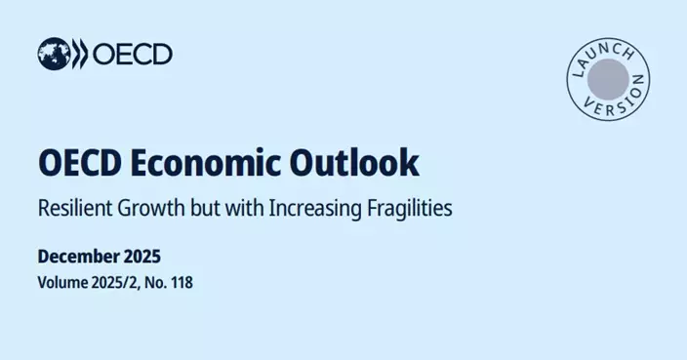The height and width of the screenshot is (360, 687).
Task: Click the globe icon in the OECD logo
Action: click(x=53, y=54)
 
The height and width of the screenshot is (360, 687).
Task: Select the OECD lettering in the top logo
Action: click(x=133, y=54)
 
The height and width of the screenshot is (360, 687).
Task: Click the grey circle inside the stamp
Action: click(x=608, y=76)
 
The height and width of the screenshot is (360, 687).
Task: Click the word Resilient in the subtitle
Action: click(x=75, y=208)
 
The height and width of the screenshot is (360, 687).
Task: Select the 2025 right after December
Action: click(x=142, y=257)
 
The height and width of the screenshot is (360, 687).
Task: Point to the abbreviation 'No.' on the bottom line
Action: click(x=162, y=283)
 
